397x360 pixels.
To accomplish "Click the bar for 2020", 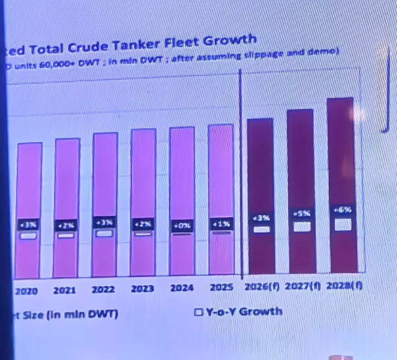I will pos(28,184).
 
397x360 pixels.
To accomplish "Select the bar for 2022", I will pos(105,176).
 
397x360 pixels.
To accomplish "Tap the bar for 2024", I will pos(182,176).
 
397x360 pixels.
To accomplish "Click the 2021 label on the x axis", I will pos(65,291).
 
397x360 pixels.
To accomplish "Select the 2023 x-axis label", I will pos(142,289).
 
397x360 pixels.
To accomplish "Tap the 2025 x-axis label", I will pos(221,287).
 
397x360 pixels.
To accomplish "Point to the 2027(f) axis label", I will pos(303,285).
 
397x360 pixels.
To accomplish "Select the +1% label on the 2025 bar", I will pos(221,224).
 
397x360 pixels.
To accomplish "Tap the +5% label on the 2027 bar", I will pos(301,213).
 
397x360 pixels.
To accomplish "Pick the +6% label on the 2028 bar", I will pos(342,210).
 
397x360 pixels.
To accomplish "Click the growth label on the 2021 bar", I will pos(66,225).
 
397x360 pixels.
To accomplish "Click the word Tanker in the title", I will pos(136,45).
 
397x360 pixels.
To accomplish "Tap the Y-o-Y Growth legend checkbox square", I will pos(198,312).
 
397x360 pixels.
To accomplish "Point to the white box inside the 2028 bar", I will pos(343,224).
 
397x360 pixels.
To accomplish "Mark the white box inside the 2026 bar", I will pos(262,229).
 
